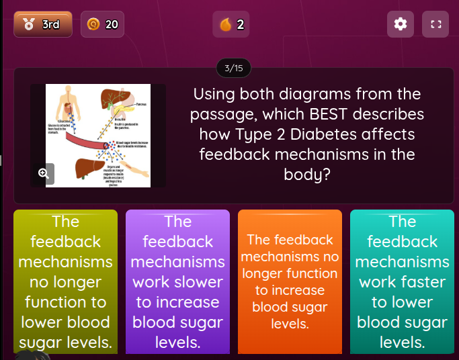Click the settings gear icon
(x=401, y=24)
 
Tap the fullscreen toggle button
(x=435, y=24)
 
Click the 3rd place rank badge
(x=43, y=24)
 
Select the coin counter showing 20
(x=102, y=24)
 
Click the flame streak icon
(x=225, y=25)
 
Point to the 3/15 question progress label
(x=233, y=68)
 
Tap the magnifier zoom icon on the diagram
(x=44, y=173)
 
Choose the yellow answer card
(x=65, y=281)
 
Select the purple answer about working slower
(x=177, y=281)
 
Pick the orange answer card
(x=290, y=281)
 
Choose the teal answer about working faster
(x=402, y=281)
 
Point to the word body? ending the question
(x=307, y=175)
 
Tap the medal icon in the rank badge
(x=28, y=25)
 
